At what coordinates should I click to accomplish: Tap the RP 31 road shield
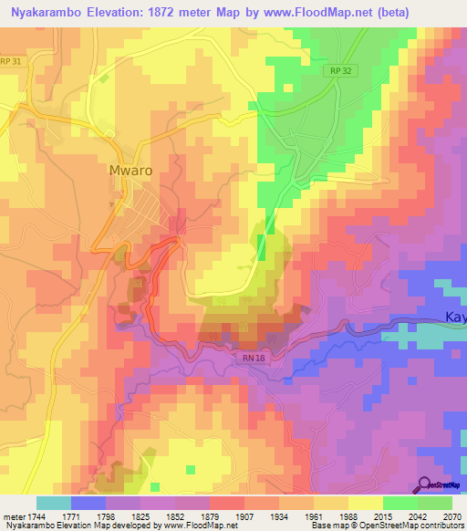click(x=11, y=61)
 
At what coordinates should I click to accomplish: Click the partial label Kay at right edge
click(x=455, y=317)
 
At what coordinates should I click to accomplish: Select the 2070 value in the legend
click(x=451, y=517)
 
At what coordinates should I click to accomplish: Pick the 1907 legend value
click(x=244, y=517)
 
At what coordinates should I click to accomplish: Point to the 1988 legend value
click(x=348, y=517)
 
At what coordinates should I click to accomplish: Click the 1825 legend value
click(x=140, y=517)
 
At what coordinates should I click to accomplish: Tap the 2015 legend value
click(x=382, y=517)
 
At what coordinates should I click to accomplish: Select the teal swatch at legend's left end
click(x=53, y=503)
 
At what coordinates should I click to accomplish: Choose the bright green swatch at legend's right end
click(x=434, y=503)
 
